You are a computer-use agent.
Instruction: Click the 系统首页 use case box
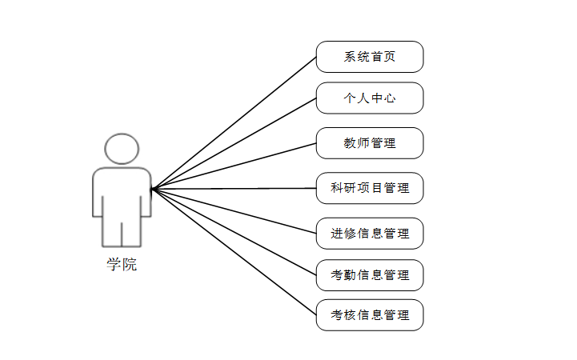tap(370, 57)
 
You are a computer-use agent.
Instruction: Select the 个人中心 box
tap(370, 98)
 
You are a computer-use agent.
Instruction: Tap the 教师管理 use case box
tap(370, 143)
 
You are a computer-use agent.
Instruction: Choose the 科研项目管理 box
tap(370, 188)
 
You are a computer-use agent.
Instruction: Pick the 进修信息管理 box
tap(370, 234)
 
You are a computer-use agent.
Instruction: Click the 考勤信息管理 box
tap(370, 275)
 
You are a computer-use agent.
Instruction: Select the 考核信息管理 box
tap(370, 315)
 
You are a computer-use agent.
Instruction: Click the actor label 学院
tap(122, 265)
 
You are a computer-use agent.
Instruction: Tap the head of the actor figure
tap(122, 150)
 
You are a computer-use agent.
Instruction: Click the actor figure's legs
tap(122, 232)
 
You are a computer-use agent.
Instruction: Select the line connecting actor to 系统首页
tap(234, 122)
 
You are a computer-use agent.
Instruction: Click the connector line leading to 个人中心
tap(234, 144)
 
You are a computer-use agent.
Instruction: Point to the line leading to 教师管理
tap(234, 166)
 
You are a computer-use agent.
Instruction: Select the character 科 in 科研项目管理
tap(337, 188)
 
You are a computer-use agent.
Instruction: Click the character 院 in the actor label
tap(130, 265)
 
